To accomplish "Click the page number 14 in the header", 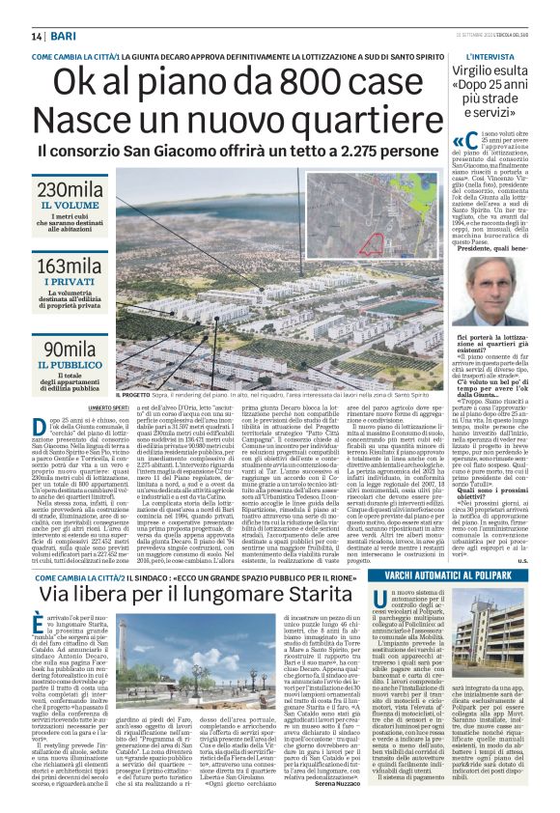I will coord(36,36).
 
